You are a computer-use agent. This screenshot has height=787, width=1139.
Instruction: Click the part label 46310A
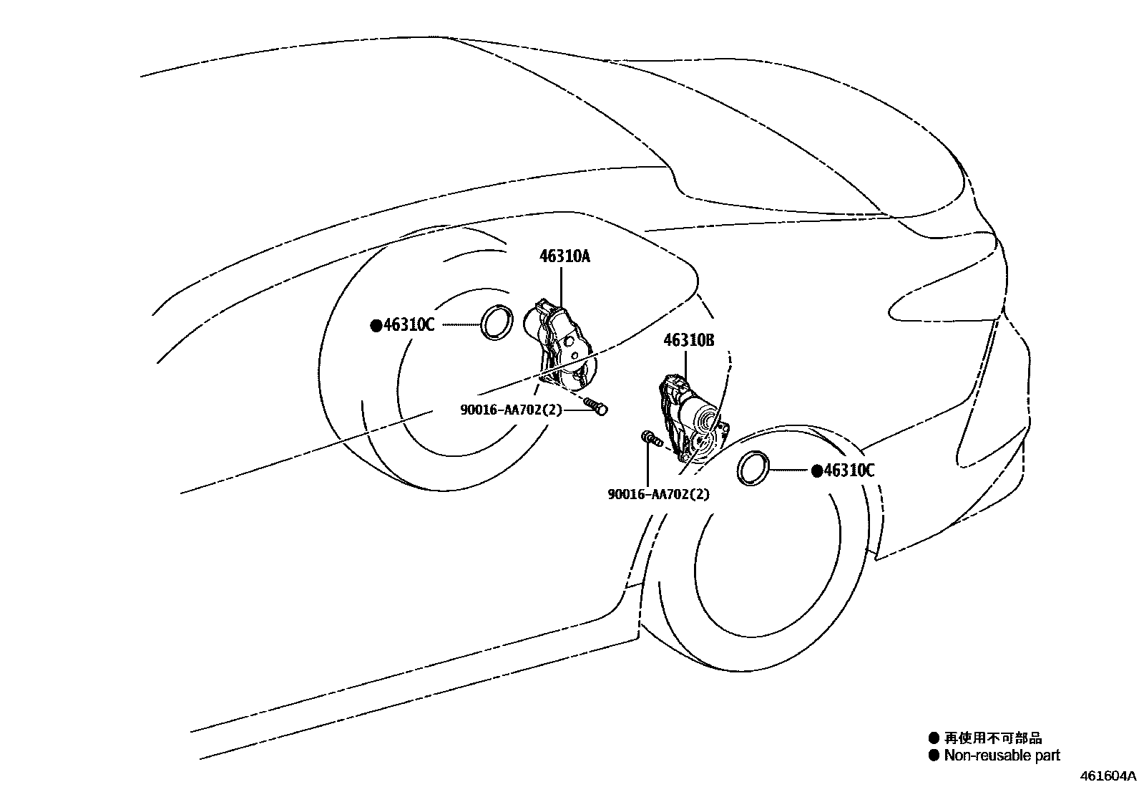[564, 256]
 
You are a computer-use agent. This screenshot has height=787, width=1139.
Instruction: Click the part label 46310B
[688, 340]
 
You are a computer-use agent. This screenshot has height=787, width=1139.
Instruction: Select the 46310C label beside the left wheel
[409, 325]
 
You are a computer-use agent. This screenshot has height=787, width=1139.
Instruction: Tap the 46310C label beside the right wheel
[849, 470]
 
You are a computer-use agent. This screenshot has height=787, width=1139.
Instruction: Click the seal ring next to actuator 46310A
[495, 322]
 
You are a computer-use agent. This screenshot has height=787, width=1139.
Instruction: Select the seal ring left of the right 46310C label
[753, 468]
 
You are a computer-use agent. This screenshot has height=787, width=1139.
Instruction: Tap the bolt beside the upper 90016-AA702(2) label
[595, 406]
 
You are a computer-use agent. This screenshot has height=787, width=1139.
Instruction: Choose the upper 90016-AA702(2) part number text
[511, 410]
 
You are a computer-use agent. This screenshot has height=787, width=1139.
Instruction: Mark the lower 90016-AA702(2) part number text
[658, 494]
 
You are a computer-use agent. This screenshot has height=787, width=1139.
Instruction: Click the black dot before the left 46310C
[376, 326]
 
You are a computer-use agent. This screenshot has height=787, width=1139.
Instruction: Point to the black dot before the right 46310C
[816, 470]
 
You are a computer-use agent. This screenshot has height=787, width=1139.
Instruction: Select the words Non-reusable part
[1002, 755]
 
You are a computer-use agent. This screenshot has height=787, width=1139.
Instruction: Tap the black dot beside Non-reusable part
[933, 755]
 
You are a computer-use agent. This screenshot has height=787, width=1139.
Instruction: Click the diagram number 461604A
[1108, 776]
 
